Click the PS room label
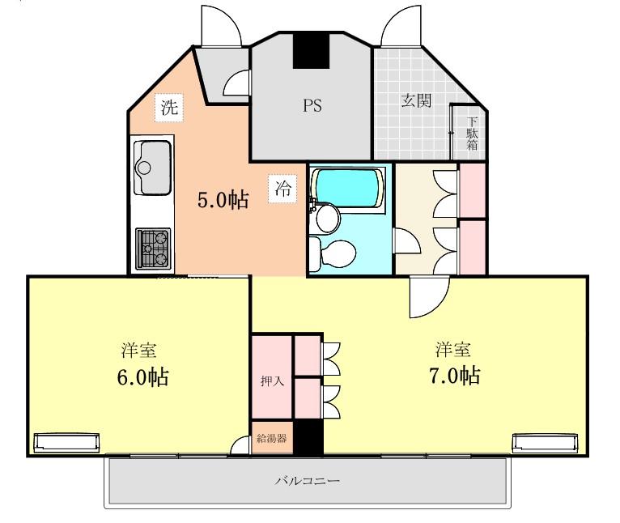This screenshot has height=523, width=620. coord(312,105)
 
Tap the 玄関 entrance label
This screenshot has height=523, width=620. coord(416,100)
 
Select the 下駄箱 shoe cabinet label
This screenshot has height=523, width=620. coord(472,134)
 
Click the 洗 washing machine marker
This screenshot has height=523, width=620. coord(169,108)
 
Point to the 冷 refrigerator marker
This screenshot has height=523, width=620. coord(282,189)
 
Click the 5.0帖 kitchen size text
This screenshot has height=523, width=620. coord(223,200)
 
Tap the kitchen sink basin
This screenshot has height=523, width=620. coord(153,168)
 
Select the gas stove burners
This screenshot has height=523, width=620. coord(154,249)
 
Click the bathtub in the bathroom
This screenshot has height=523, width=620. coord(347,189)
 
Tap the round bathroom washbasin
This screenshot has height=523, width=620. coord(328,218)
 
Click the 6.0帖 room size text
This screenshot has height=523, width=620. coord(142,377)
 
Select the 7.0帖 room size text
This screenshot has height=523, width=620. coord(455,376)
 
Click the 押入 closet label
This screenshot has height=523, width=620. coord(272,381)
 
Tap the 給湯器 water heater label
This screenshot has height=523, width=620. coord(272,438)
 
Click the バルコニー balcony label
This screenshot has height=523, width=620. coord(308,482)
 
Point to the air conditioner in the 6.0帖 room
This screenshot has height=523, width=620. coord(66,443)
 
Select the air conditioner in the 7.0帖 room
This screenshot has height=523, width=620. coord(545,443)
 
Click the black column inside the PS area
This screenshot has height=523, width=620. coord(311,50)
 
